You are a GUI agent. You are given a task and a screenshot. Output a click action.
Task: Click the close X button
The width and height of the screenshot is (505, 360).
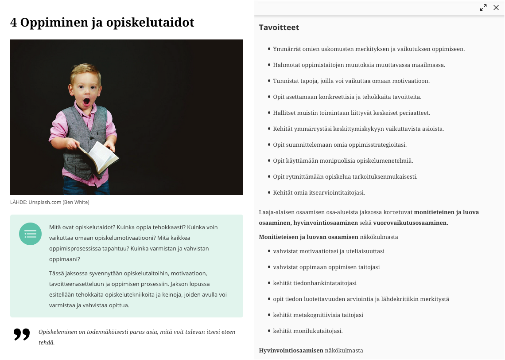pos(496,8)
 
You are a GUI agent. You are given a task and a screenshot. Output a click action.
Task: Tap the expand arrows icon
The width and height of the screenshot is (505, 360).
pos(483,8)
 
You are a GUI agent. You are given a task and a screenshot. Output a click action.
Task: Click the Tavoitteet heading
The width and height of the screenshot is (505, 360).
pos(279,27)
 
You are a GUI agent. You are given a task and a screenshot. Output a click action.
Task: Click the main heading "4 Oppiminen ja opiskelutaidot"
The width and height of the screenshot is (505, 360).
pos(102,23)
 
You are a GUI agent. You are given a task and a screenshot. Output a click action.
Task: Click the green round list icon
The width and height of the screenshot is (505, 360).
pos(30,234)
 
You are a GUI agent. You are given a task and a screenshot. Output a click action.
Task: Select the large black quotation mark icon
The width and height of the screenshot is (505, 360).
pos(22,334)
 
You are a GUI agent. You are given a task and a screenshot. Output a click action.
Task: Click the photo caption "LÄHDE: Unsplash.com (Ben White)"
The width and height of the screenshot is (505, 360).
pos(50,202)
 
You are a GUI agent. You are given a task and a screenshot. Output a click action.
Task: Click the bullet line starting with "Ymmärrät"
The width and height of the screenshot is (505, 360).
pos(369,49)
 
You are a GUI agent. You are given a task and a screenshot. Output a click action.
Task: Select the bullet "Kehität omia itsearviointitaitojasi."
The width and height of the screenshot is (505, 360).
pos(319,193)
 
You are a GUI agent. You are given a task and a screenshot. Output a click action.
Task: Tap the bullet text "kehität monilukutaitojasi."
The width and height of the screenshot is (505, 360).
pos(308,331)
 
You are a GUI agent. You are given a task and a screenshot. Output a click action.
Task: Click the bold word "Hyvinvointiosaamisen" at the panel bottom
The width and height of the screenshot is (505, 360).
pos(291,351)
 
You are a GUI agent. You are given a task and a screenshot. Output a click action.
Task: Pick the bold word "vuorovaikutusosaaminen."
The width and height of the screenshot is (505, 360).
pos(411,223)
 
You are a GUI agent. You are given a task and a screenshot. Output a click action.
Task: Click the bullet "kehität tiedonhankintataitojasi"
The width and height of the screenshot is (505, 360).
pos(315,283)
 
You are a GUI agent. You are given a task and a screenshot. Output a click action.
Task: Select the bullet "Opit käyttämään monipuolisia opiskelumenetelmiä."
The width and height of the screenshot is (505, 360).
pos(343,161)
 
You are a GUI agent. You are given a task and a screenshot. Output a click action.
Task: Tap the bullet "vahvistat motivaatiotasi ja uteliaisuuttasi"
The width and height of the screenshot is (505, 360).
pos(329,251)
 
